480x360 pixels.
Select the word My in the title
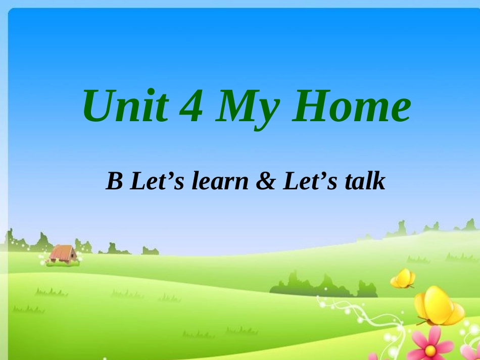pos(246,109)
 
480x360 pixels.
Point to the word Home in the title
pos(350,107)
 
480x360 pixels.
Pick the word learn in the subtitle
pos(221,182)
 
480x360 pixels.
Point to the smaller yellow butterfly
pos(403,278)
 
